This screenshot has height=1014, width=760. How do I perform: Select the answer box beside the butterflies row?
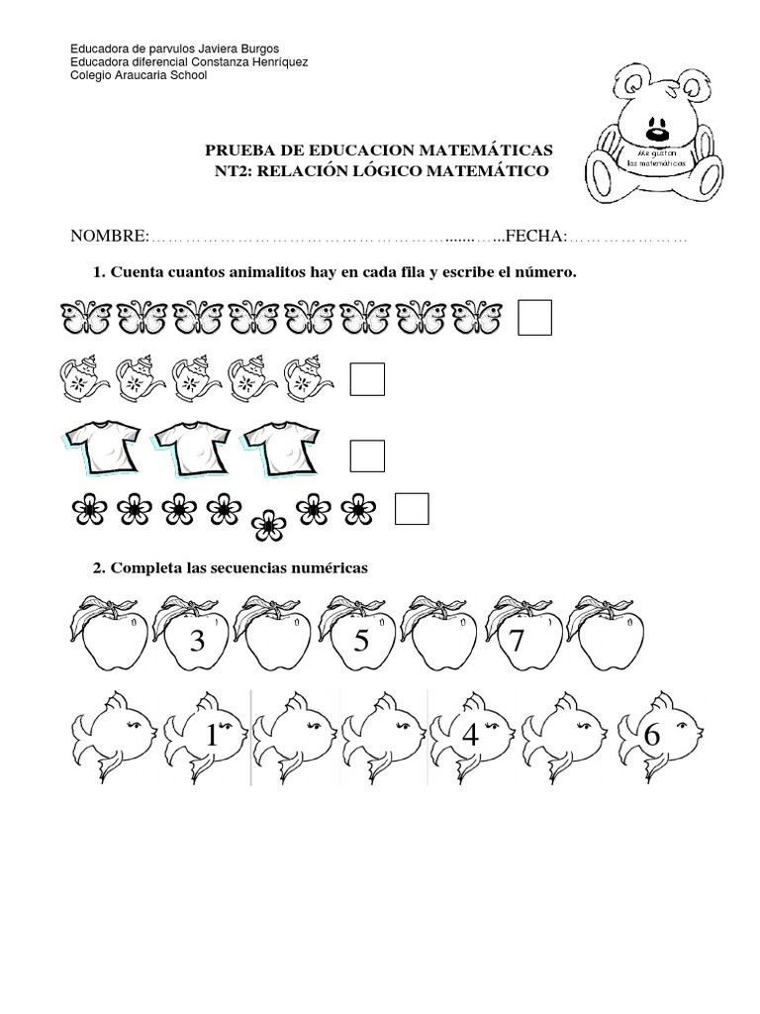[534, 319]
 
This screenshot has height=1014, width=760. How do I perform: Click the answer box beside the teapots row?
[367, 380]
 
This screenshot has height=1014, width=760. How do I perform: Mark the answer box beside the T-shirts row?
[367, 455]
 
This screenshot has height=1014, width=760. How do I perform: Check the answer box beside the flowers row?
[412, 509]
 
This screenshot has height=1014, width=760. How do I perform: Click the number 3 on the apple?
[198, 642]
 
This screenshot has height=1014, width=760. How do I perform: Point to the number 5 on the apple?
[361, 642]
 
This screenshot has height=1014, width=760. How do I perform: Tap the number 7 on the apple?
[516, 642]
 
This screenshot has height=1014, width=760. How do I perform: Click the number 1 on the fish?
[211, 737]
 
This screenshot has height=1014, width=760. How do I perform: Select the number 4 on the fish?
[470, 737]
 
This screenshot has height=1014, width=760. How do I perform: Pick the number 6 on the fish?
[651, 737]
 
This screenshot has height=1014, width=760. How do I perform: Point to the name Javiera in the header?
[198, 49]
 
